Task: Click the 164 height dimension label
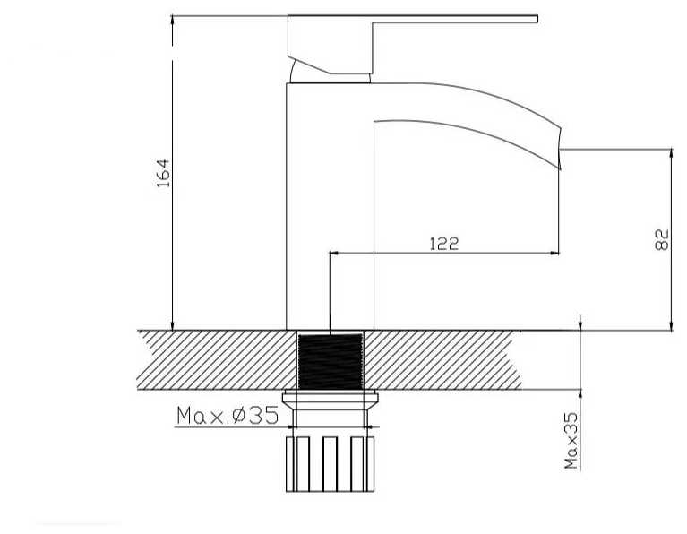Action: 163,173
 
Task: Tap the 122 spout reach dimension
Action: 443,244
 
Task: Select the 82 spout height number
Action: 662,239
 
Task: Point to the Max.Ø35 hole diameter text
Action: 228,415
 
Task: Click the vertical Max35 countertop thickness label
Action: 571,441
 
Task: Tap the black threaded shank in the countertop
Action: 331,361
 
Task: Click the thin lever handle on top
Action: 454,19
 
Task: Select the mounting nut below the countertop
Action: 331,399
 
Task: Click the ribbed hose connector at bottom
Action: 330,464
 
